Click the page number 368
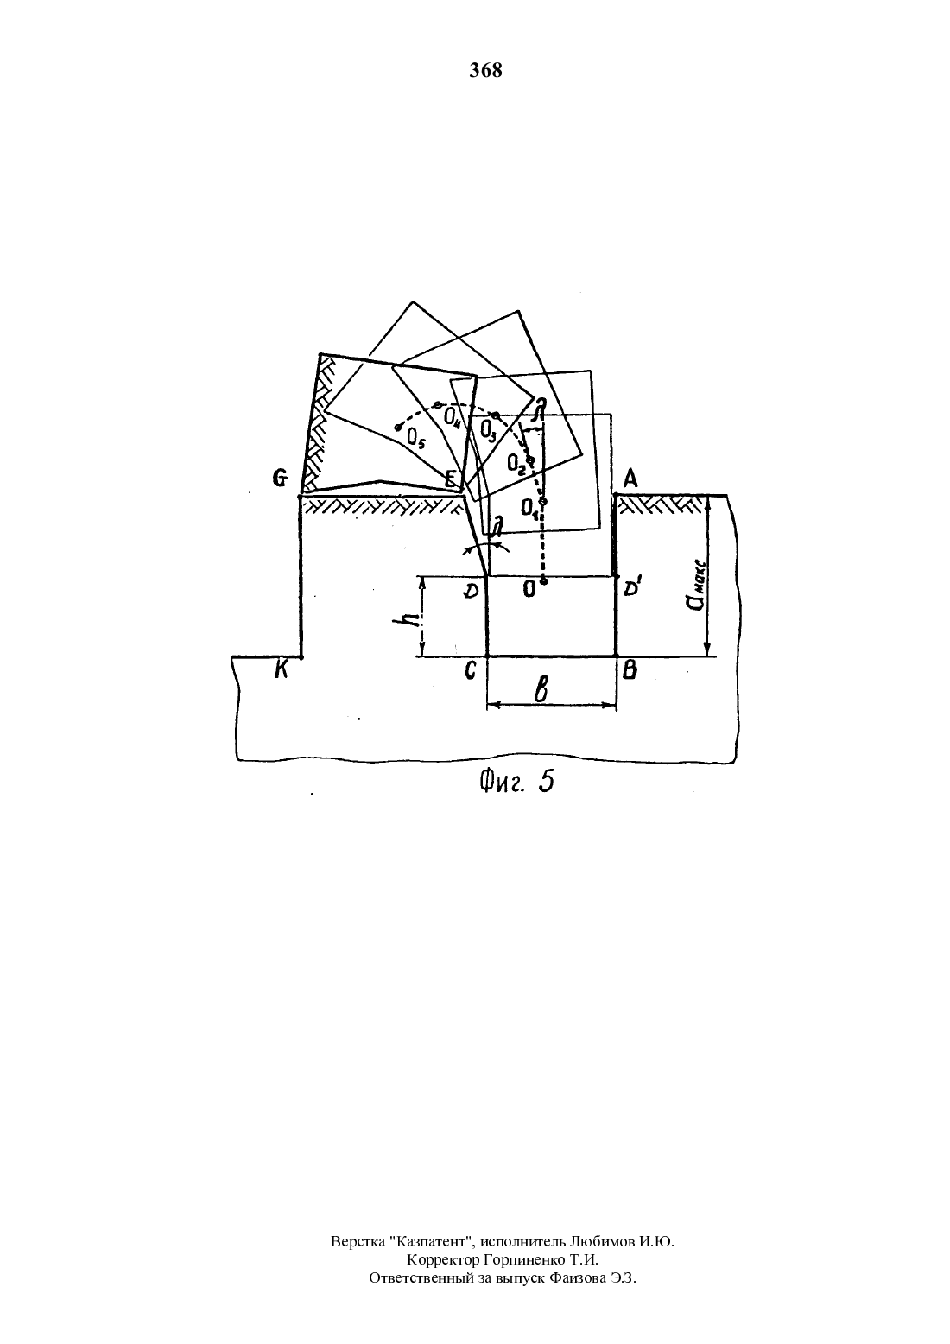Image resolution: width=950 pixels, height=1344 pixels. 485,71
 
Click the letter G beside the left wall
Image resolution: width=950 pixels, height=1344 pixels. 280,479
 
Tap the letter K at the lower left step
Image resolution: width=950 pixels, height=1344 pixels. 281,670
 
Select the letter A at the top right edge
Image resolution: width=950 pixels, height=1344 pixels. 630,479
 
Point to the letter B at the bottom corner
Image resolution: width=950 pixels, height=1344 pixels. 630,670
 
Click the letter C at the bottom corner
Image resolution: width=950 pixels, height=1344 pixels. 470,671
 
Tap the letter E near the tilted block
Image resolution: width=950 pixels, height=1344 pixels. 450,479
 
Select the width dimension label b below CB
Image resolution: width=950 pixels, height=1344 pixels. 541,690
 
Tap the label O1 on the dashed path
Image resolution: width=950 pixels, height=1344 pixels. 529,510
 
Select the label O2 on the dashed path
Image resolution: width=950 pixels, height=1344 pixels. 516,463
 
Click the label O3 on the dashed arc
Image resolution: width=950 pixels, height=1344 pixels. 489,430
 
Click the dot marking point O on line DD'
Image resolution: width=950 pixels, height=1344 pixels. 543,580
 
